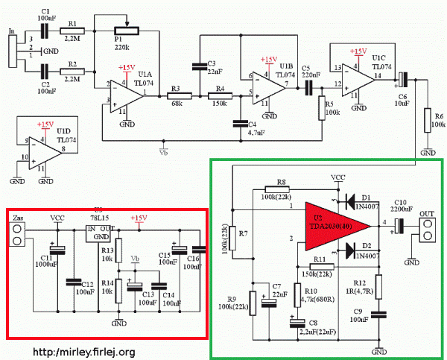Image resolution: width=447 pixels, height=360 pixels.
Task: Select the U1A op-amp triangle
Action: click(126, 94)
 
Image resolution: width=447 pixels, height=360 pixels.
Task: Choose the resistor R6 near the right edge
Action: click(428, 120)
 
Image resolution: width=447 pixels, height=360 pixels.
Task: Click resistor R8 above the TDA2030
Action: click(279, 189)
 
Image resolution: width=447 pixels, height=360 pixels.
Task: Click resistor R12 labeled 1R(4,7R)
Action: click(378, 286)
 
